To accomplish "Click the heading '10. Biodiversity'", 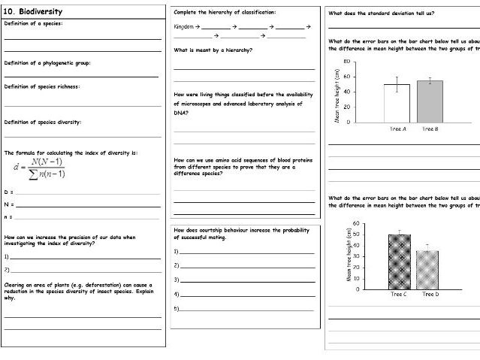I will [33, 12].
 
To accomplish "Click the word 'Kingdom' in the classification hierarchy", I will [183, 26].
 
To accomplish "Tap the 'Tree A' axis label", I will [397, 129].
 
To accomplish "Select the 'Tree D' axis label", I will [430, 294].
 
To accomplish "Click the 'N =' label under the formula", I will [8, 204].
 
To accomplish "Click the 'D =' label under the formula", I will [8, 192].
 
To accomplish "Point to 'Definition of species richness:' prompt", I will [42, 86].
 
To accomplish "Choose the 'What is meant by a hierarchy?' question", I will [213, 50].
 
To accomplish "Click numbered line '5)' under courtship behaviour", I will [177, 308].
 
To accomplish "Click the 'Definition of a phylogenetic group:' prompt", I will [47, 62].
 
